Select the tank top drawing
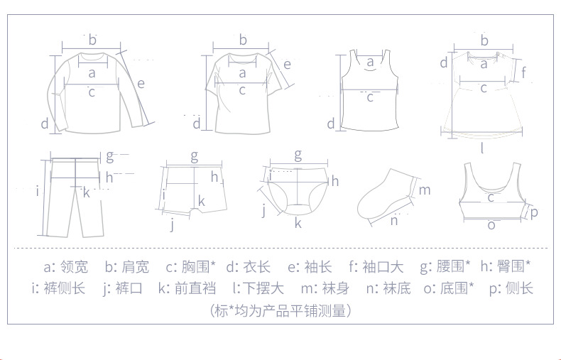pos(369,92)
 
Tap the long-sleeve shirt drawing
pos(92,92)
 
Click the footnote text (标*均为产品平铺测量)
pos(280,310)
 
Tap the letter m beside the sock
pos(424,190)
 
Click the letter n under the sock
pos(393,220)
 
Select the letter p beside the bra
pos(534,212)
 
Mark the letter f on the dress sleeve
pos(523,72)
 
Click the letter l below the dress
pos(482,148)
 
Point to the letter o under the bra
pos(491,224)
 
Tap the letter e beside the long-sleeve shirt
pos(141,83)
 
